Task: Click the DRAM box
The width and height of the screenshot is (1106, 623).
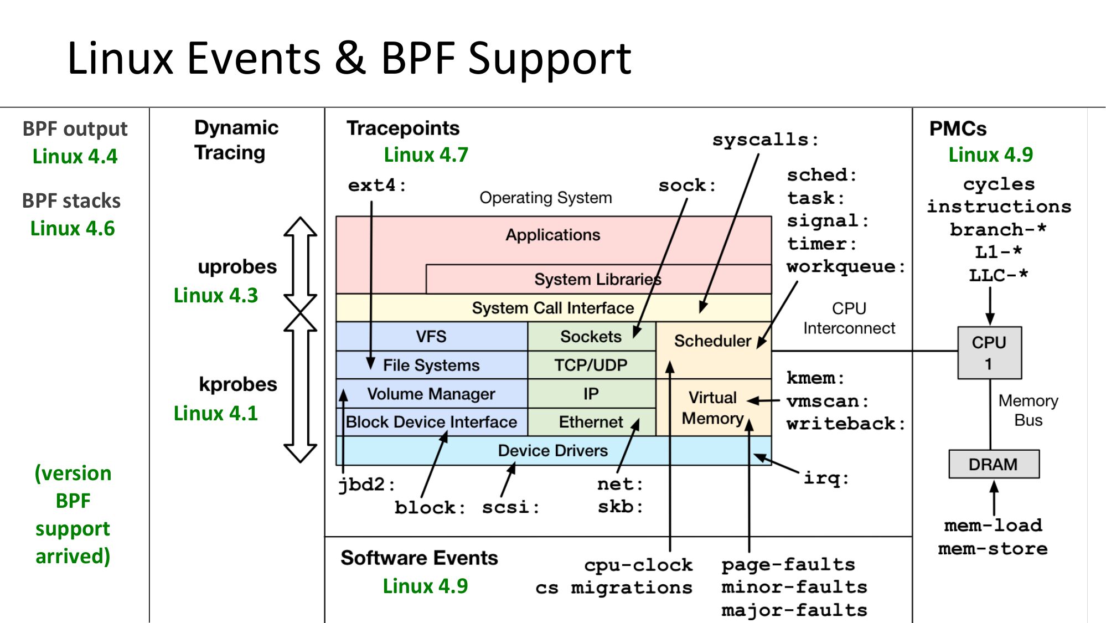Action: (994, 464)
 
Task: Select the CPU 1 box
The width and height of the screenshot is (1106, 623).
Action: (989, 353)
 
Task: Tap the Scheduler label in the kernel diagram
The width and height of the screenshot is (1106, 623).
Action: (712, 341)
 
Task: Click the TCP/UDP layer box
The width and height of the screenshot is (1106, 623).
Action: (591, 365)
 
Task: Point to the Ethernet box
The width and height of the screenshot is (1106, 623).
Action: (591, 422)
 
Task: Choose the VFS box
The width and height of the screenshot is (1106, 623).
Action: (431, 336)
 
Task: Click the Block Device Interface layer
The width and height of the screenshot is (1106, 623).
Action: (431, 422)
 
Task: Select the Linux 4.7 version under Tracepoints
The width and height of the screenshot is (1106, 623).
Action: (426, 155)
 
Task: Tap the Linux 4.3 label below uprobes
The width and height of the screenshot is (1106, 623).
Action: (215, 295)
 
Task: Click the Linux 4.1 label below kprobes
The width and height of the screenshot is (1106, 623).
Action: (215, 413)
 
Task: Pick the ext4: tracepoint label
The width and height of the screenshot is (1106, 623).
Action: (377, 185)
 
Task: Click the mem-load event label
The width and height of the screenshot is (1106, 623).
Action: (993, 525)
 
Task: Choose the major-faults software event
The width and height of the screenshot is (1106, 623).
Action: (794, 610)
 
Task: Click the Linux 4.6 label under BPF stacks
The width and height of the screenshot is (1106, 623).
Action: (73, 228)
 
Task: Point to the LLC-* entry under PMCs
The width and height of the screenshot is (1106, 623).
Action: (998, 275)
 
